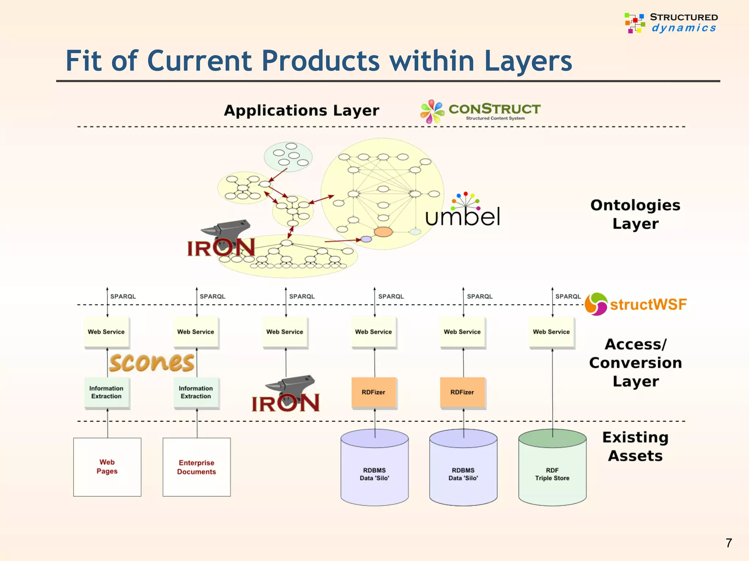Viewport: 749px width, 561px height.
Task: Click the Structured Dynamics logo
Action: (x=671, y=23)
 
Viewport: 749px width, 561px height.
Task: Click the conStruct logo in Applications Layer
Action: (x=480, y=111)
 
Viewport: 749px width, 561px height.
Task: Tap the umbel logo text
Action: (x=463, y=216)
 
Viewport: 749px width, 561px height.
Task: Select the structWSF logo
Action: (x=636, y=304)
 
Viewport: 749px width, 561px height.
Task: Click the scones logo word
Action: (x=151, y=362)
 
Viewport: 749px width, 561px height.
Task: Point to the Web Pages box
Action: (x=107, y=467)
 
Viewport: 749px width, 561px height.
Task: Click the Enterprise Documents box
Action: (x=196, y=467)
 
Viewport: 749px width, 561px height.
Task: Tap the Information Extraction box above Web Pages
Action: (x=106, y=392)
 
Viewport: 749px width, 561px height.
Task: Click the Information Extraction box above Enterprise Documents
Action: (x=196, y=392)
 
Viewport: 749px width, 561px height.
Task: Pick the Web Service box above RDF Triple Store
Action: (x=551, y=332)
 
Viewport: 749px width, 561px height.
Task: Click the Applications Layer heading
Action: (x=301, y=110)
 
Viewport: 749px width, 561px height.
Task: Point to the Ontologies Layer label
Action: (x=635, y=214)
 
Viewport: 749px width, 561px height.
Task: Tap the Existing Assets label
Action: (x=635, y=446)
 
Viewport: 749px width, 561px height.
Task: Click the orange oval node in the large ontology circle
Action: (x=383, y=232)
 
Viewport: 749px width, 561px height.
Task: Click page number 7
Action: (x=729, y=543)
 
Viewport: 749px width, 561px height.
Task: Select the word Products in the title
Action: (x=321, y=61)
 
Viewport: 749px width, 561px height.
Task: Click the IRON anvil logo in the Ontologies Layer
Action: (x=222, y=239)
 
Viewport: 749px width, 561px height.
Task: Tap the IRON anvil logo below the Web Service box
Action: (x=286, y=394)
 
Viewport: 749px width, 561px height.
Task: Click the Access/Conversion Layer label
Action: (x=635, y=363)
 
